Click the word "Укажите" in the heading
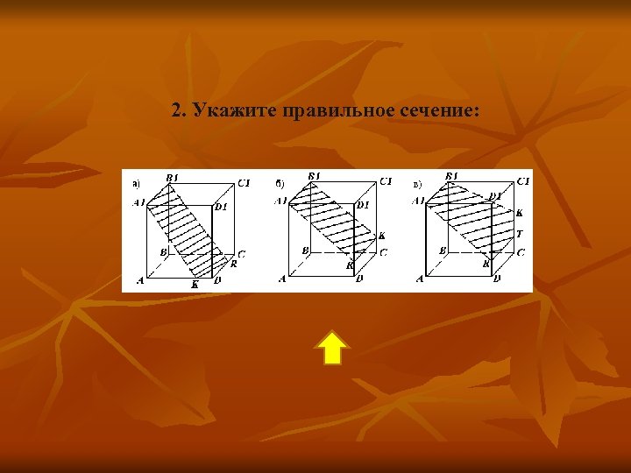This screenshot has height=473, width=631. pyautogui.click(x=228, y=111)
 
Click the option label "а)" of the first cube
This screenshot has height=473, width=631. pyautogui.click(x=136, y=184)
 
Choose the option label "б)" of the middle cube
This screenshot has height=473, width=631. pyautogui.click(x=279, y=183)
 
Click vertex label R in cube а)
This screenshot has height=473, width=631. pyautogui.click(x=234, y=262)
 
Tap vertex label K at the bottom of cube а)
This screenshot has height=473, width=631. pyautogui.click(x=195, y=284)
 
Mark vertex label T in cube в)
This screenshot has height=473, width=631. pyautogui.click(x=520, y=233)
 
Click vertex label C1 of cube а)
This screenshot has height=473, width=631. pyautogui.click(x=244, y=182)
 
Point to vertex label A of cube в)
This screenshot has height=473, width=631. pyautogui.click(x=421, y=279)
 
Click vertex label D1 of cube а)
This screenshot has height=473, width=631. pyautogui.click(x=221, y=207)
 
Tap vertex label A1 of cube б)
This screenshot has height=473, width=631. pyautogui.click(x=280, y=201)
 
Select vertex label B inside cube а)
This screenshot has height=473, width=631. pyautogui.click(x=163, y=251)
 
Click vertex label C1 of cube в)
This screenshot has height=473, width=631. pyautogui.click(x=523, y=180)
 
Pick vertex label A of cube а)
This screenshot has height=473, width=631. pyautogui.click(x=140, y=280)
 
